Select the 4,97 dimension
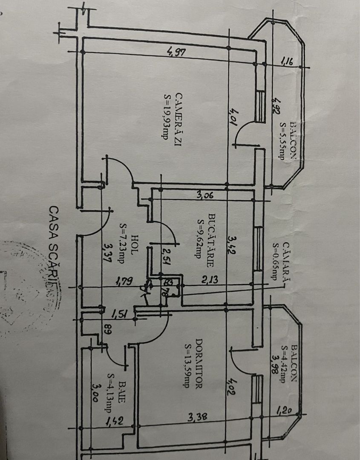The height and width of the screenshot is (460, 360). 176,52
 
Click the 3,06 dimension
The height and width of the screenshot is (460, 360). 205,195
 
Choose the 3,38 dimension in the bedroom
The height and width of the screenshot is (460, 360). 198,418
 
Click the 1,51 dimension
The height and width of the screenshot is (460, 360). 119,315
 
